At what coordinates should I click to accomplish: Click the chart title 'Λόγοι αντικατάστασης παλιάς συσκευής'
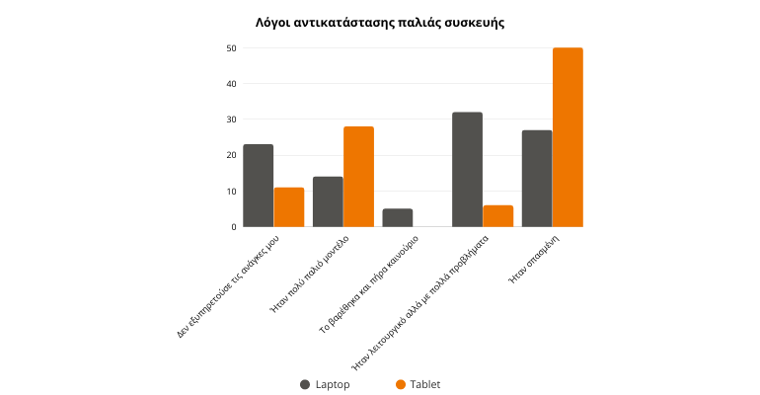379,22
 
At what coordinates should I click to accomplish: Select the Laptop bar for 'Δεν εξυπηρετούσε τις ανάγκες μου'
258,186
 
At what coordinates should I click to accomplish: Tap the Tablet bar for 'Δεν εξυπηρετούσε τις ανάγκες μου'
289,207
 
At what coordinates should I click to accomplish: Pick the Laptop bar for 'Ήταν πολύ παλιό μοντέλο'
328,201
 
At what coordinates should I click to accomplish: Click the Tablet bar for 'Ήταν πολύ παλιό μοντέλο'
359,177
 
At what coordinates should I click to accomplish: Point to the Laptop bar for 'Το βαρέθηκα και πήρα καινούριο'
398,217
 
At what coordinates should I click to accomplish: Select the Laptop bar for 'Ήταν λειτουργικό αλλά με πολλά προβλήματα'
467,170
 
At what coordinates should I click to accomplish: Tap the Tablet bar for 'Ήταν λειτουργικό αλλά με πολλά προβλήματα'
498,216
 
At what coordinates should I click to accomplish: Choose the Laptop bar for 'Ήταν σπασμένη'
537,179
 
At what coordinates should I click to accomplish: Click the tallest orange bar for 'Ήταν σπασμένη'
568,137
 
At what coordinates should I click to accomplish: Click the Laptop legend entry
326,384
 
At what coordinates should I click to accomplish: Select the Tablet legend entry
418,384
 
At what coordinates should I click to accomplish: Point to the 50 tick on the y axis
231,48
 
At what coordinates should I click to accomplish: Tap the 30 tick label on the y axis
231,119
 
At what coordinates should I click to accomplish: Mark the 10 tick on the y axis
231,191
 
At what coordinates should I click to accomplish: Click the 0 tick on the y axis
233,227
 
